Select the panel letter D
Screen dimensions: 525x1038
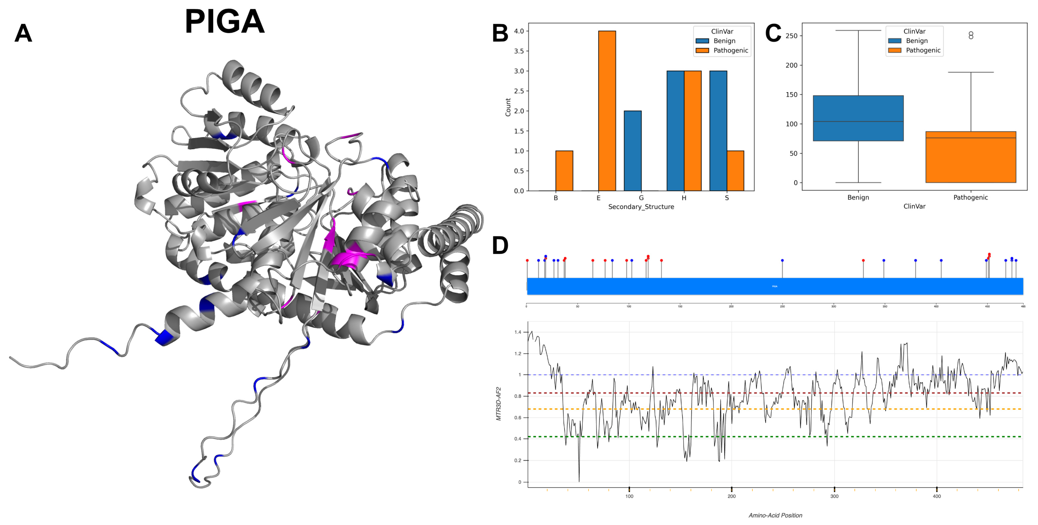[500, 245]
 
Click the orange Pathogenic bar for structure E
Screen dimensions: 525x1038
[607, 111]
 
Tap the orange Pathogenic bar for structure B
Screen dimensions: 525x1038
[564, 171]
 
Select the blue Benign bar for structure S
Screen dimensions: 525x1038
[718, 131]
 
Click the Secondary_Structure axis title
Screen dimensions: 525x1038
[641, 207]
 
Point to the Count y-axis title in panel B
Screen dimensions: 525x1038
[508, 107]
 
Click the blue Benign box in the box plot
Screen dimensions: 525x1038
[858, 118]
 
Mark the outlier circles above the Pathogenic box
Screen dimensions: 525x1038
[971, 36]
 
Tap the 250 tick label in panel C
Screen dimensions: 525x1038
[791, 36]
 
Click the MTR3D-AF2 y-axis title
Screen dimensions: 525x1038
[498, 404]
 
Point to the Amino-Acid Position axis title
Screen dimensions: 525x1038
[775, 515]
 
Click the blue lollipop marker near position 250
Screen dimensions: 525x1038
[782, 260]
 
